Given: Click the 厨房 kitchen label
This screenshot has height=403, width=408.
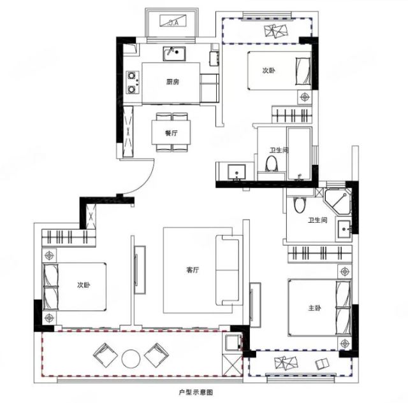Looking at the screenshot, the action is [173, 82].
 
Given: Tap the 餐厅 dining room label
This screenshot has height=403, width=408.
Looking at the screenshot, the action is [171, 133].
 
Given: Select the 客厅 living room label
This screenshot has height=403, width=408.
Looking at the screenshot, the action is [193, 270].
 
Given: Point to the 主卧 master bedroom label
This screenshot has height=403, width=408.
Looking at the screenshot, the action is [314, 308].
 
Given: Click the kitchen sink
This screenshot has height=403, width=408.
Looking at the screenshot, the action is [174, 53].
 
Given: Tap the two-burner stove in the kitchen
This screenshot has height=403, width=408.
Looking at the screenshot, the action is [133, 82].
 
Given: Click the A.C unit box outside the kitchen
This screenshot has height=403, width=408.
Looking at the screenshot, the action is [173, 21].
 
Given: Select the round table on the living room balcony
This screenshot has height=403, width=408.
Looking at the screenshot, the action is [131, 359].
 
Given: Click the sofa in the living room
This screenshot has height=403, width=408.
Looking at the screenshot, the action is [228, 270].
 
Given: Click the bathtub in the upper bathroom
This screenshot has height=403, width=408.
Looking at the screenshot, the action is [299, 153].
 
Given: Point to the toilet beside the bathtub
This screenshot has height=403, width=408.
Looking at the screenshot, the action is [272, 164].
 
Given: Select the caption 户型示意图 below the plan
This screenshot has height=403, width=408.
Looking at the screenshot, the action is [196, 392].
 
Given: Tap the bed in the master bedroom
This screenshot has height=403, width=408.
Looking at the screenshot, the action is [319, 308].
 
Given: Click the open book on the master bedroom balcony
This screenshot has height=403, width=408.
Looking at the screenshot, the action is [322, 364].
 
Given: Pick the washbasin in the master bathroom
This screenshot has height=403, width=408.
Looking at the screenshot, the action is [344, 229].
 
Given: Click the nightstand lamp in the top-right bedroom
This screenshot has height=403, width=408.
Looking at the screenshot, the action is [305, 97].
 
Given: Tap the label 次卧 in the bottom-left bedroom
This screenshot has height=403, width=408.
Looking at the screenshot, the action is [84, 285].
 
